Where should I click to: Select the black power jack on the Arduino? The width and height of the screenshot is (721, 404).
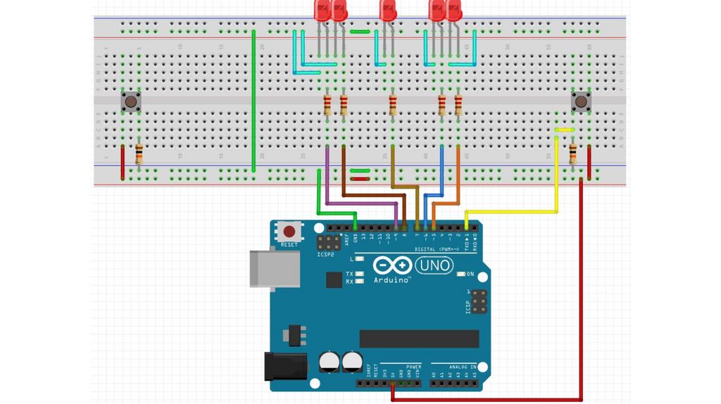[x=284, y=366]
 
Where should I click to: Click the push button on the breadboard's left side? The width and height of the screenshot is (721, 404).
[x=131, y=102]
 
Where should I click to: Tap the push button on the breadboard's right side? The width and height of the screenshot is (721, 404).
[x=580, y=102]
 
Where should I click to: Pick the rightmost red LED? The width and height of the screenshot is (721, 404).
[x=455, y=11]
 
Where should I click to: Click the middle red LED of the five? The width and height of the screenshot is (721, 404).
[x=388, y=11]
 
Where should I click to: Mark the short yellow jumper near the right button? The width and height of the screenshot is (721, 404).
[x=564, y=130]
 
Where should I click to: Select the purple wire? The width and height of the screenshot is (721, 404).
[x=359, y=204]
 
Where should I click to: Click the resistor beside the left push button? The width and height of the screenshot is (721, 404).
[x=139, y=153]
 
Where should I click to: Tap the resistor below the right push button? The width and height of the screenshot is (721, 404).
[x=572, y=152]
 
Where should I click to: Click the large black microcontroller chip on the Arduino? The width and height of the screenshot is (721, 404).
[x=419, y=339]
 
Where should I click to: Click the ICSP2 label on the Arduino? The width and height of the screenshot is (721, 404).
[x=326, y=255]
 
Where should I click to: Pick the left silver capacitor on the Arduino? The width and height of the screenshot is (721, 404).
[x=329, y=362]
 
